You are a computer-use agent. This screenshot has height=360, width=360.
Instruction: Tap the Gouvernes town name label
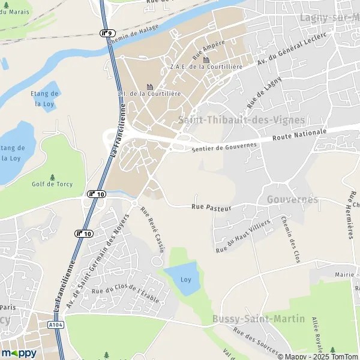292,199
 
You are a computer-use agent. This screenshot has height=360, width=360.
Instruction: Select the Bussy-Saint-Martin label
258,319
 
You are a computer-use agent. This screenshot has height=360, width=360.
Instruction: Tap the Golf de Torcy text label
52,184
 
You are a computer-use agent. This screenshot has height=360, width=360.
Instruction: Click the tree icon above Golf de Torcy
52,176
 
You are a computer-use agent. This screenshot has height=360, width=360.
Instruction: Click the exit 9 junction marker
107,34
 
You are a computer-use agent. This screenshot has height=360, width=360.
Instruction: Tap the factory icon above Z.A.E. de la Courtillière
206,59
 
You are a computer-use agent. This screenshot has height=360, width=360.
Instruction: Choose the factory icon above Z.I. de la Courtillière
149,86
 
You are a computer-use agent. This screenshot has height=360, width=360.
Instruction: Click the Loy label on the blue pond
185,280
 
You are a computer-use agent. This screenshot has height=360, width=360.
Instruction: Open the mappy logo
19,353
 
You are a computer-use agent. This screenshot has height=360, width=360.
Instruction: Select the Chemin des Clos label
290,239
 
